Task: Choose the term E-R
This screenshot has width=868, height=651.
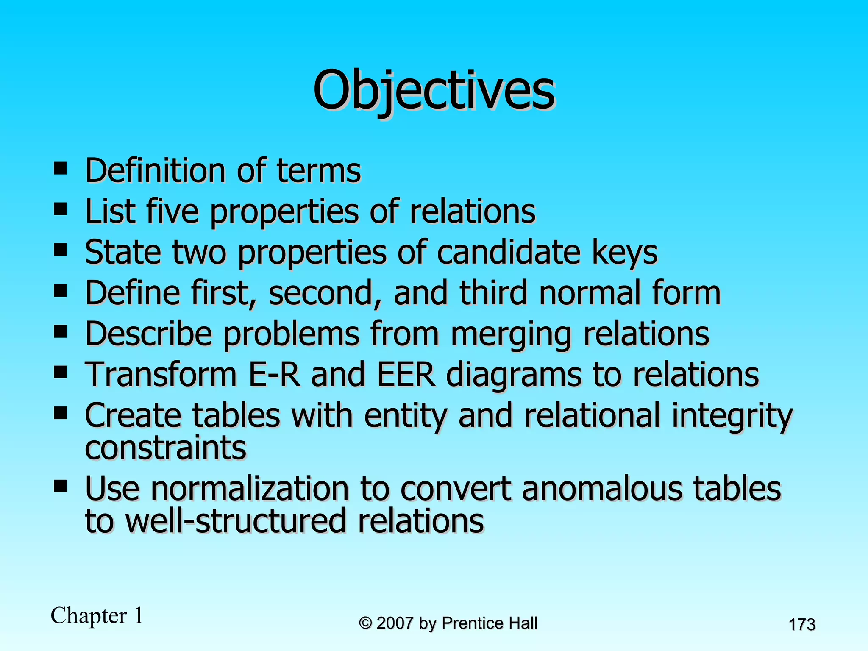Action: (x=274, y=375)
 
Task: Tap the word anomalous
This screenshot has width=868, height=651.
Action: (x=602, y=488)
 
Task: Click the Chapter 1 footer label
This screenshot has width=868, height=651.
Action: (x=97, y=615)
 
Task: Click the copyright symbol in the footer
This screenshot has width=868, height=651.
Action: (x=365, y=623)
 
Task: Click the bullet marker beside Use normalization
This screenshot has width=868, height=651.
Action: (x=61, y=487)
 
